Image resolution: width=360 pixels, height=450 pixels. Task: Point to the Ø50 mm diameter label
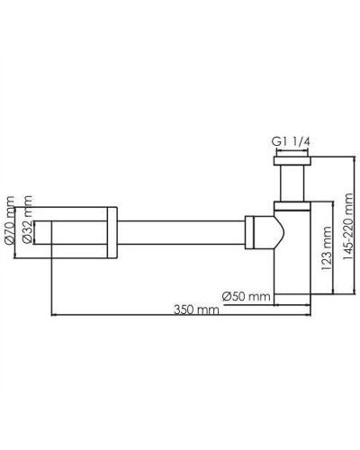[x=246, y=294]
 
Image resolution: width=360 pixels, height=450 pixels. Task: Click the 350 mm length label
[x=197, y=310]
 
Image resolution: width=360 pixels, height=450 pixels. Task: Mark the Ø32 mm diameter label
[x=27, y=229]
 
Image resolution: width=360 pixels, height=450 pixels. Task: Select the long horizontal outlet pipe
[x=180, y=231]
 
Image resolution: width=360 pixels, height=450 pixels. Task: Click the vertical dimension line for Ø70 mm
[x=18, y=231]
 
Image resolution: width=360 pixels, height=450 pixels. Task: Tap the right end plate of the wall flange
[x=113, y=231]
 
